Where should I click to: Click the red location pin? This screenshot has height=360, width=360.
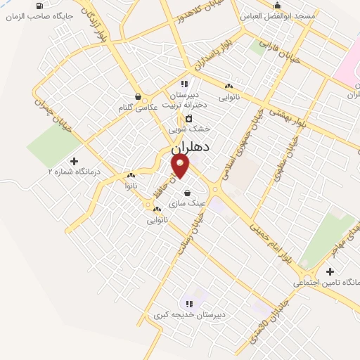[181, 165]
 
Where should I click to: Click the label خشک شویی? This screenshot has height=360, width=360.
[190, 129]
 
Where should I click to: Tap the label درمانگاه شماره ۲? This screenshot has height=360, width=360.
[74, 171]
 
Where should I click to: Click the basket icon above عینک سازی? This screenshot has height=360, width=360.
[187, 191]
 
